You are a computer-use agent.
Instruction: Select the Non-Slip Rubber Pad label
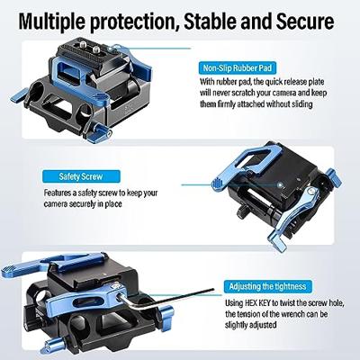[237, 68]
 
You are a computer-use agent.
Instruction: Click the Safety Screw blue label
[81, 176]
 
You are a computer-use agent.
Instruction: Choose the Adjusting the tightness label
[267, 286]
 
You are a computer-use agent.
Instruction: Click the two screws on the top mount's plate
[89, 46]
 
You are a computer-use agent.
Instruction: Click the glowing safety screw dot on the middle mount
[280, 184]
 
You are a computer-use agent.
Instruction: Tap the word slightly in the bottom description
[238, 325]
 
